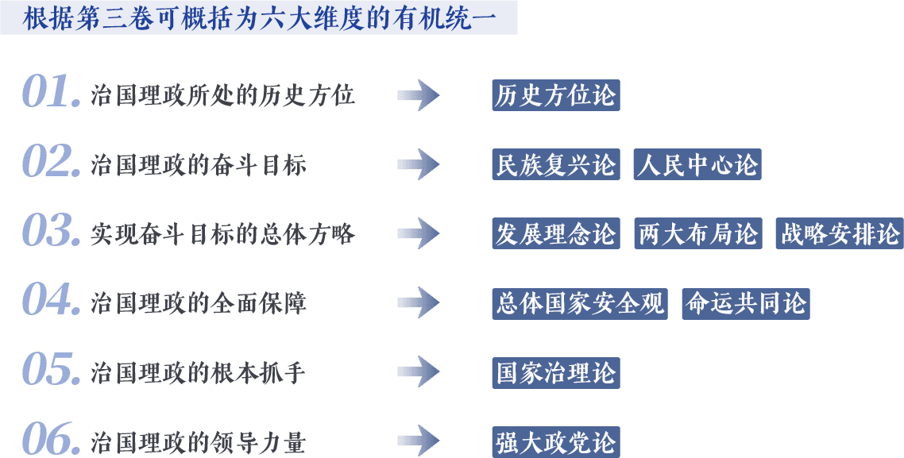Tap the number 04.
pyautogui.click(x=50, y=300)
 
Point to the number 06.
pyautogui.click(x=50, y=438)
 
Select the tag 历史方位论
pyautogui.click(x=555, y=96)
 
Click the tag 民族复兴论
pyautogui.click(x=555, y=165)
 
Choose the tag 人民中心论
pyautogui.click(x=697, y=165)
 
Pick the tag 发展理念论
pyautogui.click(x=555, y=234)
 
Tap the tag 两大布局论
pyautogui.click(x=697, y=234)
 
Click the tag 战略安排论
pyautogui.click(x=840, y=234)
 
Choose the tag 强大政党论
pyautogui.click(x=555, y=442)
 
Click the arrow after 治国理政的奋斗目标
pyautogui.click(x=418, y=164)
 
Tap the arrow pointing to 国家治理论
pyautogui.click(x=418, y=371)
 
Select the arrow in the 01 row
pyautogui.click(x=418, y=95)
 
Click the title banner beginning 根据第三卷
pyautogui.click(x=259, y=17)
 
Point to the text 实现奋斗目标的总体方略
pyautogui.click(x=222, y=234)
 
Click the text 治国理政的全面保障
pyautogui.click(x=199, y=303)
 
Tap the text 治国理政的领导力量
pyautogui.click(x=199, y=441)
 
